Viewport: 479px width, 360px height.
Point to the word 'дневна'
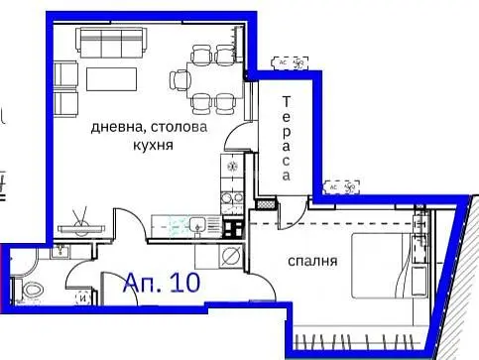[x=116, y=128]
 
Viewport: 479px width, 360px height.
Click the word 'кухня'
[x=152, y=145]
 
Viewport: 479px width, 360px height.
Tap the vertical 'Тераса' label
[x=286, y=140]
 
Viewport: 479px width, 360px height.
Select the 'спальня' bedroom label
[x=315, y=262]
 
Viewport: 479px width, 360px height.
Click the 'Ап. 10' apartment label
[x=162, y=282]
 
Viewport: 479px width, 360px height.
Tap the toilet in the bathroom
[x=31, y=292]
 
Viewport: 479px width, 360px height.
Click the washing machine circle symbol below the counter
[x=231, y=257]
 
